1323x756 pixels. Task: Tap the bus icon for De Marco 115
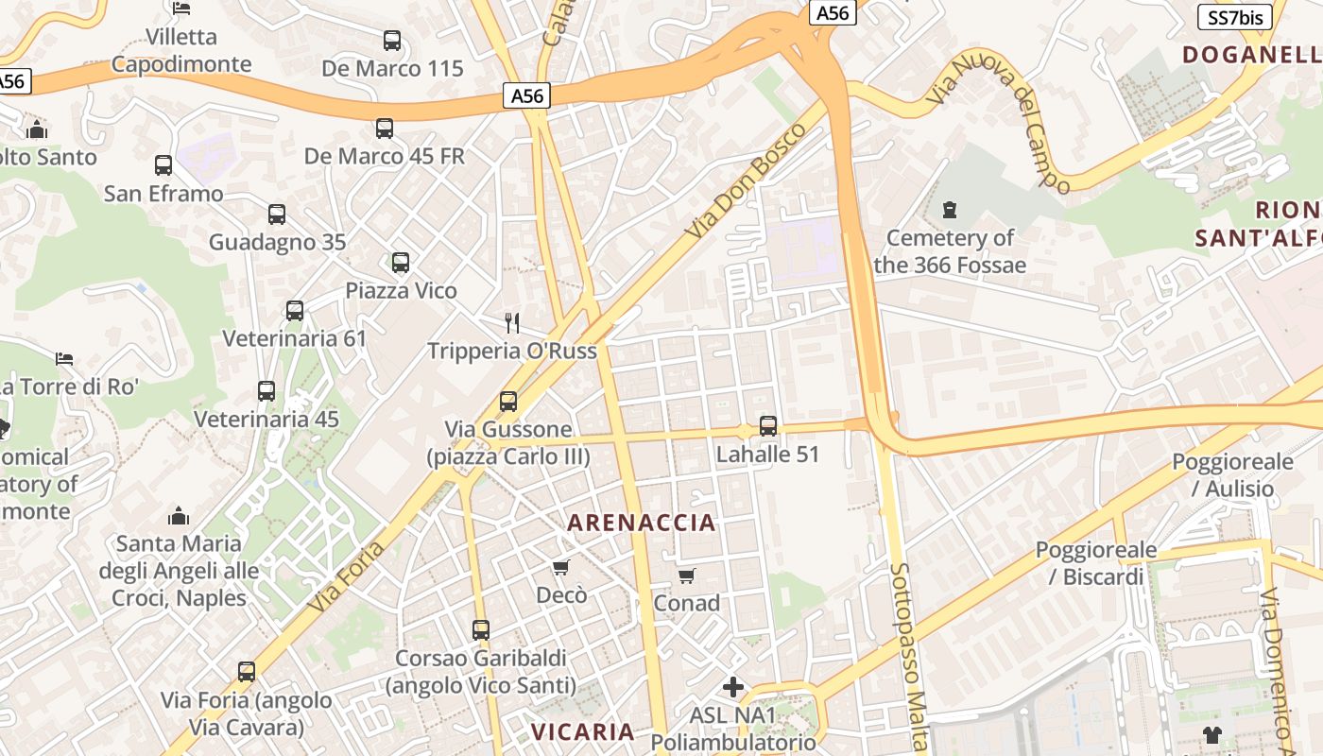(392, 41)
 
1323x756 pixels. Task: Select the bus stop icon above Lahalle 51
(768, 426)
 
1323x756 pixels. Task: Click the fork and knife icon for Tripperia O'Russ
(512, 323)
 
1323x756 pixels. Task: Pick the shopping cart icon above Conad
(687, 576)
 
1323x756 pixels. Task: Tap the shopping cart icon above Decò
(561, 567)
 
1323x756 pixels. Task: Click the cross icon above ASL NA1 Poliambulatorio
(733, 687)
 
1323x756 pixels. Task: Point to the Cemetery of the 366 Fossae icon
(950, 209)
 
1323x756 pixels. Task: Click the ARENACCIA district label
(642, 523)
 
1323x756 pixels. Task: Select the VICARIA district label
(582, 731)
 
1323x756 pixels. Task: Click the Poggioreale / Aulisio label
(1232, 475)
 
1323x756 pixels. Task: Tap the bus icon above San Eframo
(163, 165)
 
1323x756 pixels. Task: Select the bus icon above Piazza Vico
(401, 263)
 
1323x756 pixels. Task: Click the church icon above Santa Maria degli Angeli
(178, 516)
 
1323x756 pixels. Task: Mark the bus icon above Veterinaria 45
(266, 391)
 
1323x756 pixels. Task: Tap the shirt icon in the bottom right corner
(1212, 734)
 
